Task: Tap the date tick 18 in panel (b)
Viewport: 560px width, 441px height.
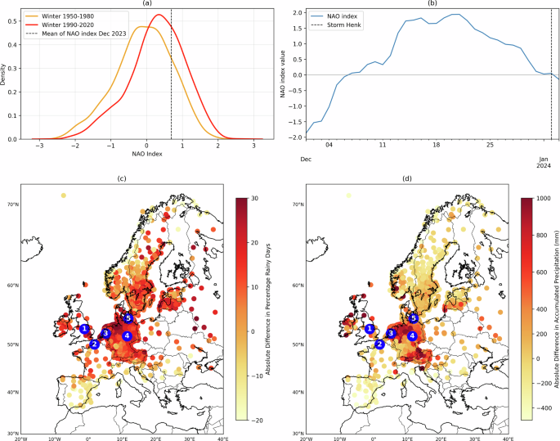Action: point(436,144)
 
